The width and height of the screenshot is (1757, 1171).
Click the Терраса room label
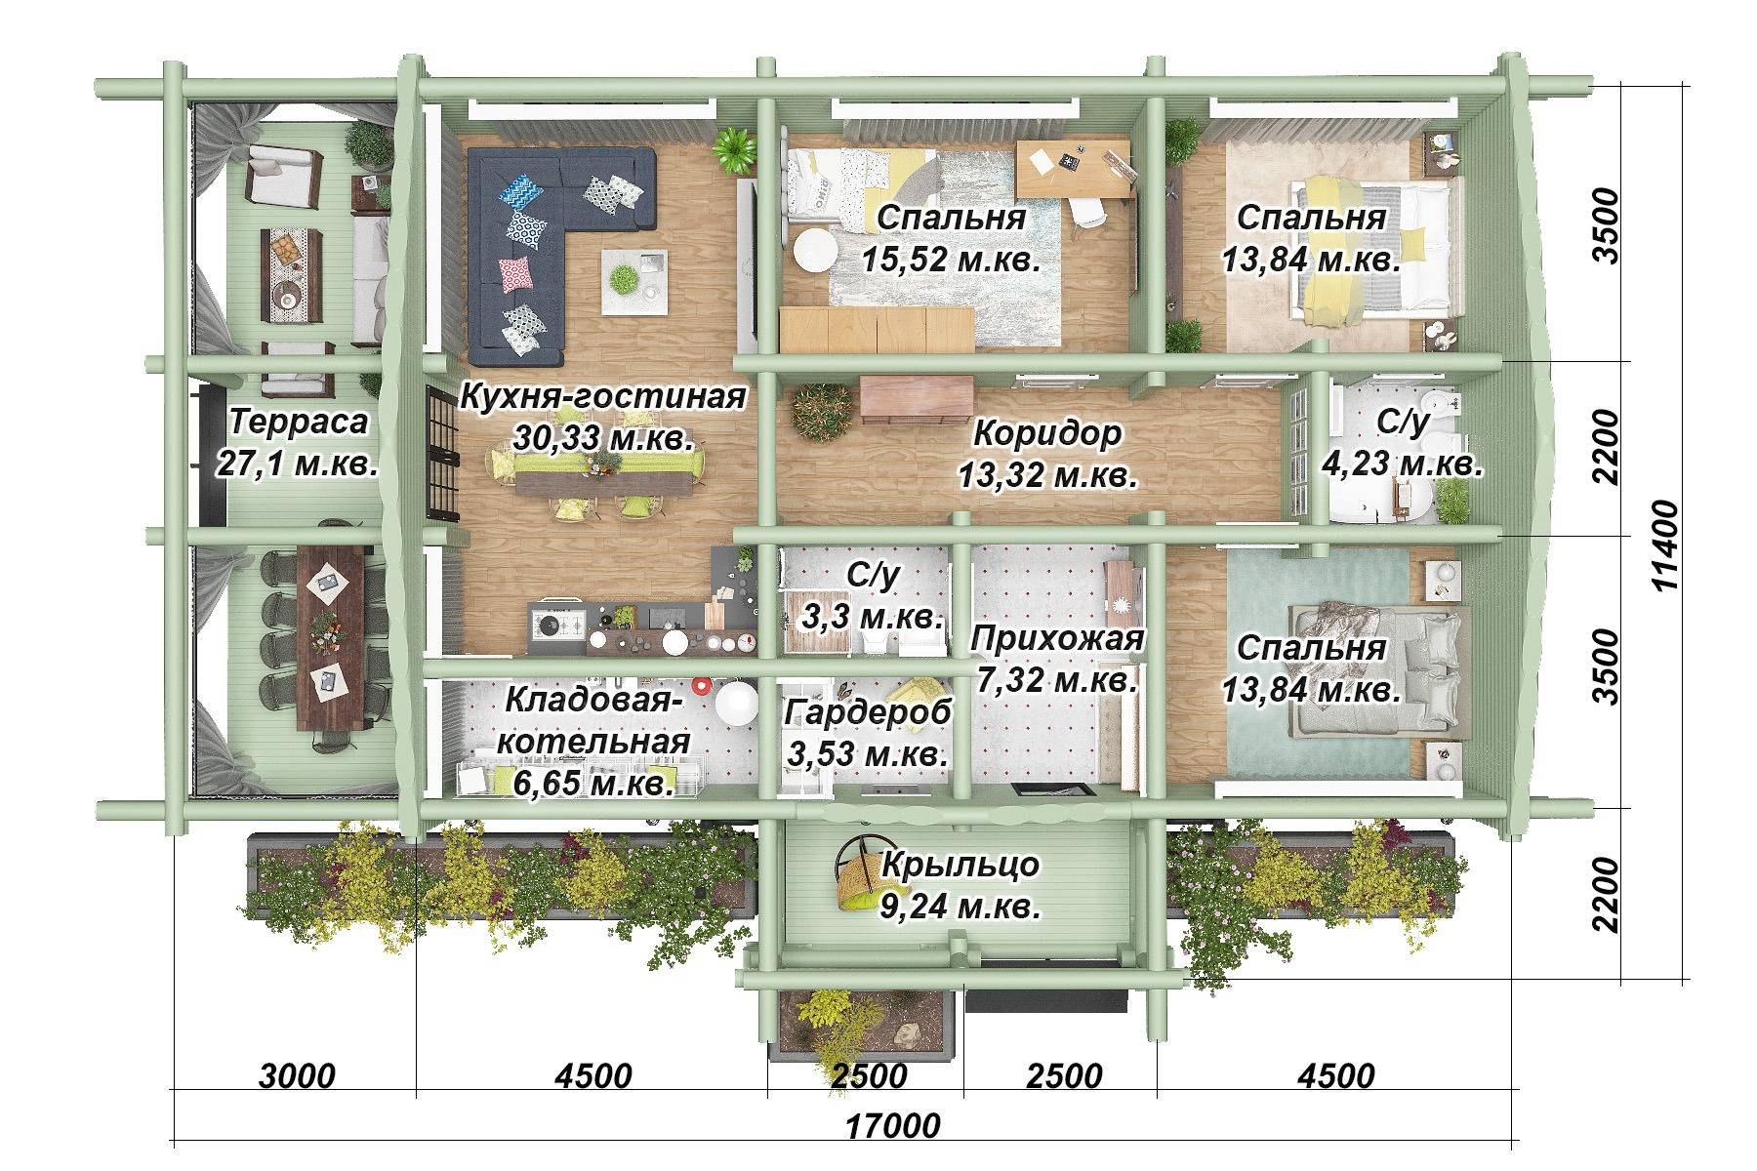300,422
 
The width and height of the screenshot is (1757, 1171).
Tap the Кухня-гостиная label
602,397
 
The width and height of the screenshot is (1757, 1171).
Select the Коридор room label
1048,432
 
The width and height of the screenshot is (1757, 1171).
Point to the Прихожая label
1057,638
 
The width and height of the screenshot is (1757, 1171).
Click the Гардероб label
868,712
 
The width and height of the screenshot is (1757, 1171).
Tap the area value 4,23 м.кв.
1403,464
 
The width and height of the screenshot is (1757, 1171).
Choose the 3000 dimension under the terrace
298,1076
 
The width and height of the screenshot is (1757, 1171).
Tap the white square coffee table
633,281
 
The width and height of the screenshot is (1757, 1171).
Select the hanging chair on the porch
861,871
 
